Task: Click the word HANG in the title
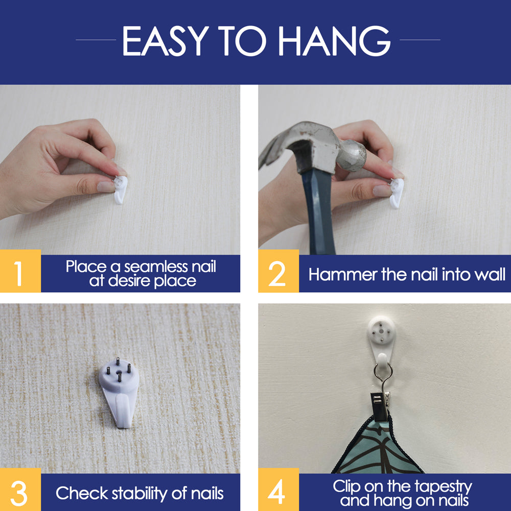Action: (x=334, y=41)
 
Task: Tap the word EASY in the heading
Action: (x=166, y=41)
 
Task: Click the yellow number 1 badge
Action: (x=20, y=271)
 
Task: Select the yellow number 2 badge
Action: (x=278, y=271)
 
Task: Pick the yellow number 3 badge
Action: (x=20, y=490)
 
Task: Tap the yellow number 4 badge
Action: (x=278, y=490)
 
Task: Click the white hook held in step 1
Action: (x=120, y=190)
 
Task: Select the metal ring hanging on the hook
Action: (x=382, y=372)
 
